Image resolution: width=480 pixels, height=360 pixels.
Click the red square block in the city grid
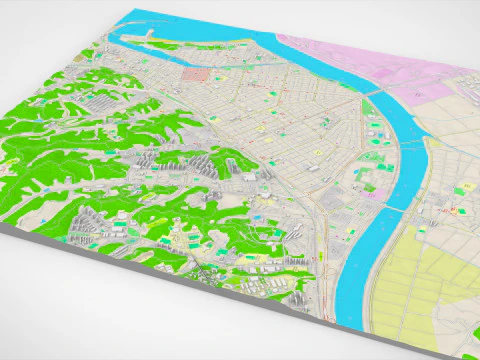[x=196, y=75]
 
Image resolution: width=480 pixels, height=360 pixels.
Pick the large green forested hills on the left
[x=60, y=150]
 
